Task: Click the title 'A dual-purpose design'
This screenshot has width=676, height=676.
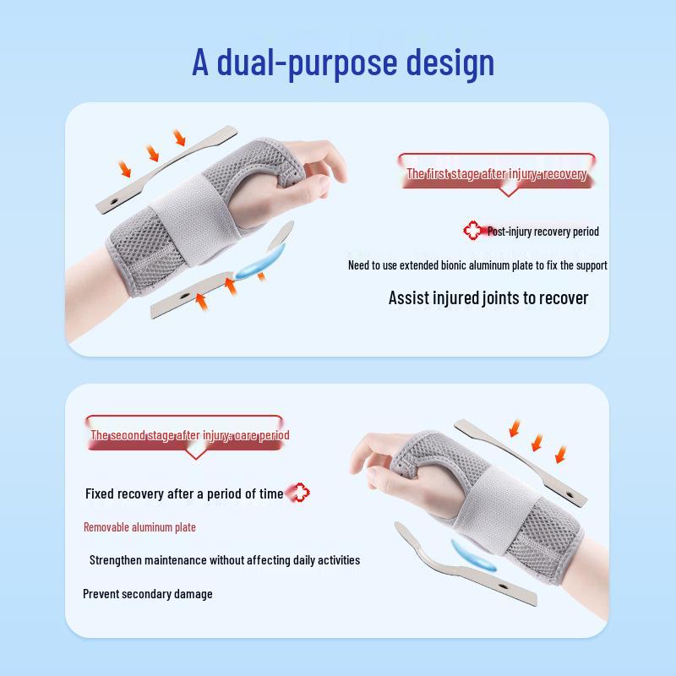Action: [342, 63]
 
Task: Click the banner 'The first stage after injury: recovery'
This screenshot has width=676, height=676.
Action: [496, 173]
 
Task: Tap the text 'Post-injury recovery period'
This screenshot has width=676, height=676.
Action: [542, 231]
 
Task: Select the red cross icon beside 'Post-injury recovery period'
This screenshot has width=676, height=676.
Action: [472, 230]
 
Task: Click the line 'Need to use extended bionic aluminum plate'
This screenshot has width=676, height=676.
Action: [477, 265]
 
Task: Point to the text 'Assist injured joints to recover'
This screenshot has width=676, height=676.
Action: [488, 297]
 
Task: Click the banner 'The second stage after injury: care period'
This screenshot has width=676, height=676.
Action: [190, 435]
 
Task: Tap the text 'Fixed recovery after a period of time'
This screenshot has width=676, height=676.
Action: [184, 493]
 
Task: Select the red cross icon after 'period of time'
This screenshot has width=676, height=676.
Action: [298, 493]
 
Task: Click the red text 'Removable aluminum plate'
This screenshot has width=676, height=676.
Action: [139, 527]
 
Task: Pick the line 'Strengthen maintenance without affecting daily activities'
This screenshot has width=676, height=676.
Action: [225, 559]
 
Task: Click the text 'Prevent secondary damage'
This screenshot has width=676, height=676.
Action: [148, 593]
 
